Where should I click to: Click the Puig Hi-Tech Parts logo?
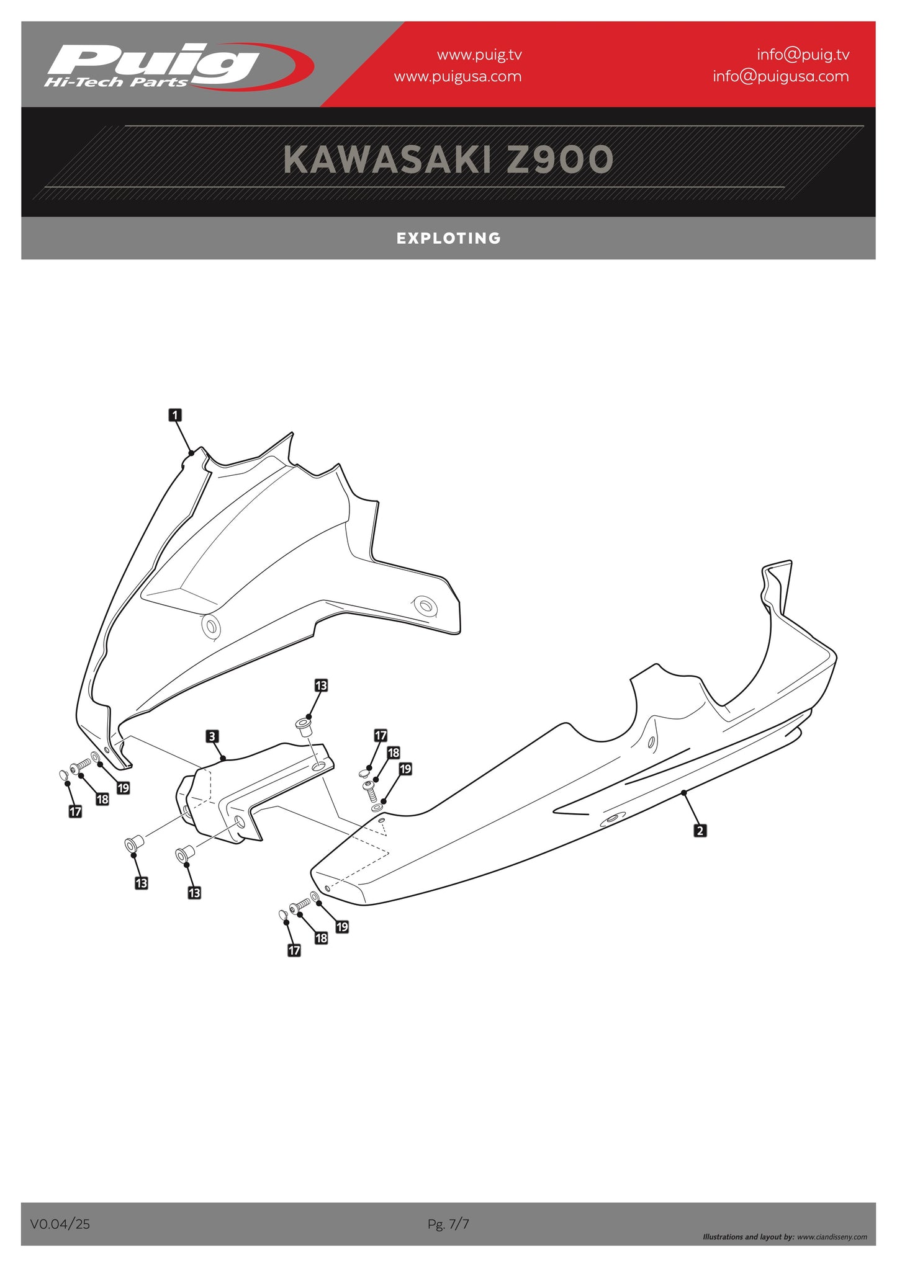click(x=178, y=66)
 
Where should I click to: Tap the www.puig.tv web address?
click(x=479, y=55)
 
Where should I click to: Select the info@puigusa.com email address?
click(x=780, y=76)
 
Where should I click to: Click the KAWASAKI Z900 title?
click(x=448, y=160)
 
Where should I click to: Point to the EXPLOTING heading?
click(x=449, y=238)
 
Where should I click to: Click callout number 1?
click(x=176, y=415)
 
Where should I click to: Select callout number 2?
click(x=700, y=830)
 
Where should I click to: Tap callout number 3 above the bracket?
click(x=212, y=736)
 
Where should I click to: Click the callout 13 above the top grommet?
click(x=321, y=685)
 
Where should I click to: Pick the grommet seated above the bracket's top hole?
click(x=304, y=726)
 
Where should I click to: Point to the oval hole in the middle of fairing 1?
click(x=211, y=627)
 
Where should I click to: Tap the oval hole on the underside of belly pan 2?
click(x=612, y=819)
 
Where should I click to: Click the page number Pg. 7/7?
click(x=448, y=1224)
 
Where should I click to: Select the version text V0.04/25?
click(x=60, y=1224)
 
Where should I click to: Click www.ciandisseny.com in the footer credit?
click(x=832, y=1237)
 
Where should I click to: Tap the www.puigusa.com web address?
click(x=458, y=76)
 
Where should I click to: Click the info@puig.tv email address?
click(x=803, y=55)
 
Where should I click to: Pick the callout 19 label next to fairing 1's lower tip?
click(x=124, y=788)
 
